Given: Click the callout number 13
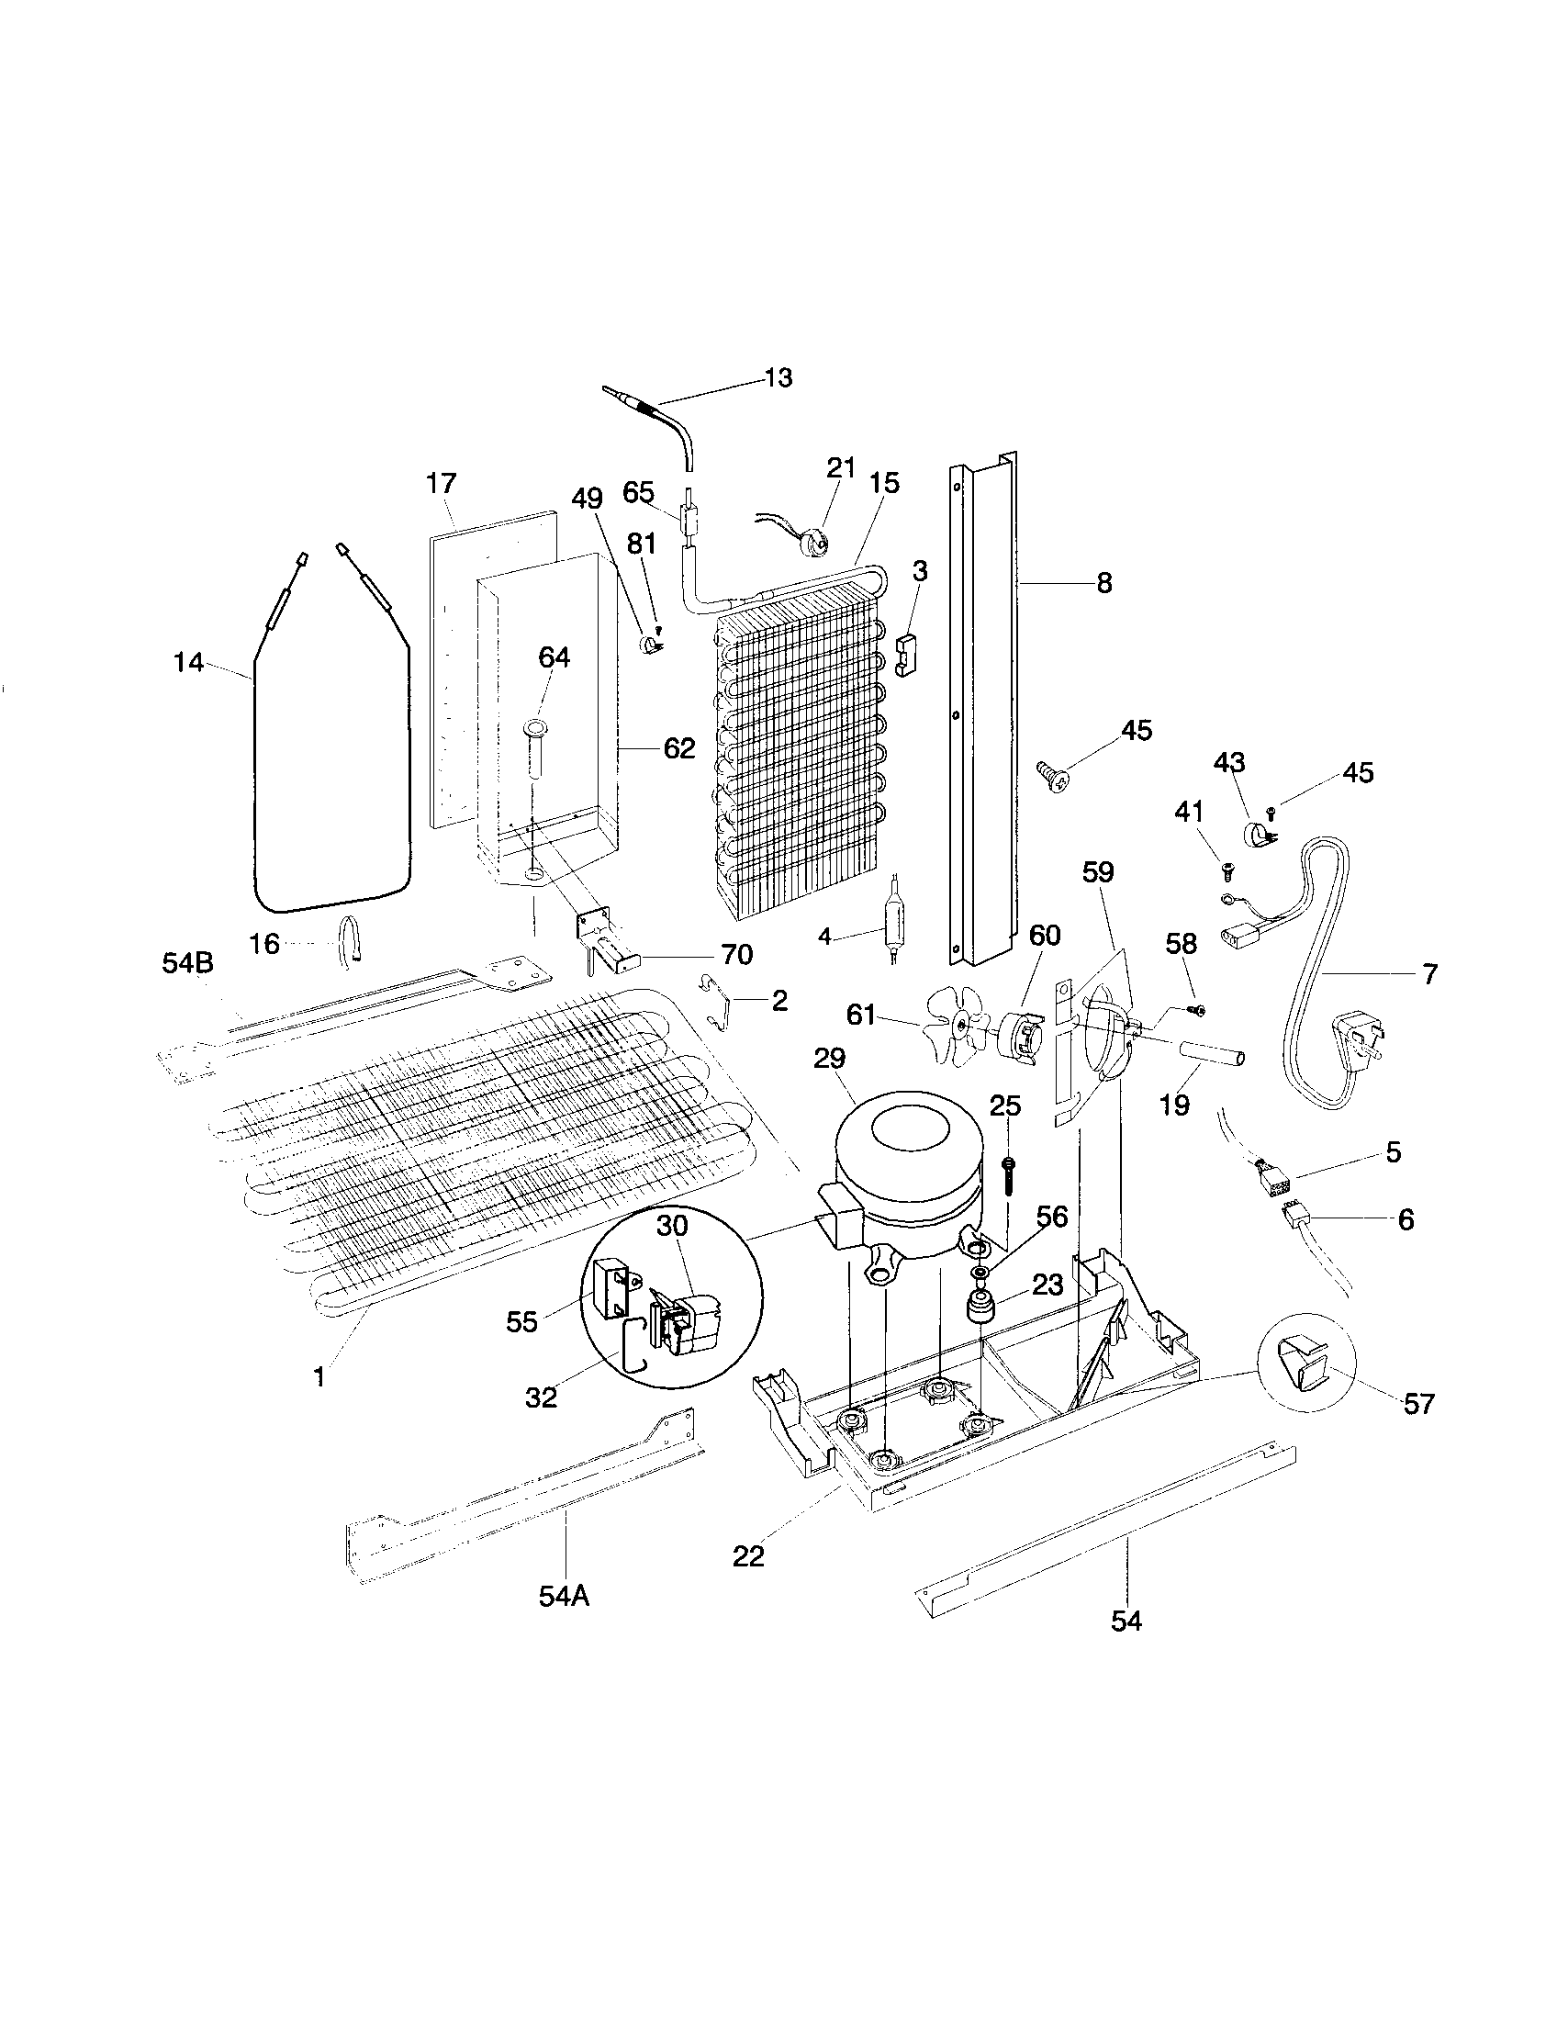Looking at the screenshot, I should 778,378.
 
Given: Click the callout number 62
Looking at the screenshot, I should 678,748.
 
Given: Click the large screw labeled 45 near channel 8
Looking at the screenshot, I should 1052,773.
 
